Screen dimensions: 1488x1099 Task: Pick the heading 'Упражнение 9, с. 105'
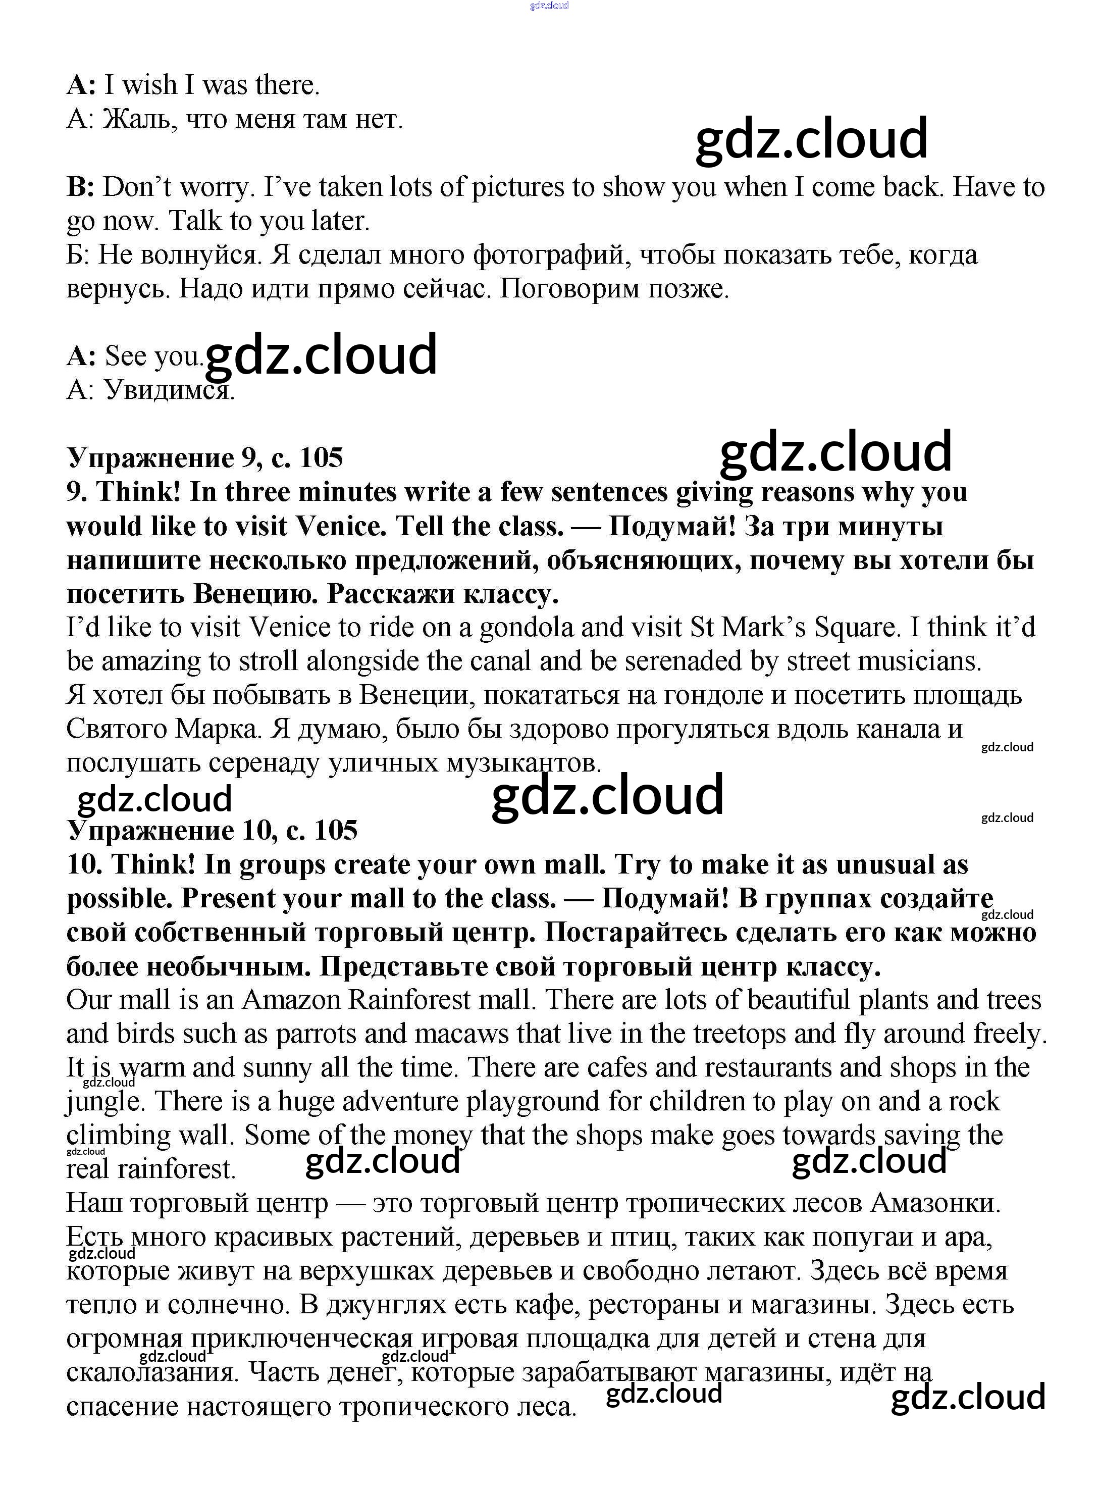205,458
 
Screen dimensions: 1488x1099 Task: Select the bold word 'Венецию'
256,594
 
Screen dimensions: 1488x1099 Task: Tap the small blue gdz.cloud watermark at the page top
549,6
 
